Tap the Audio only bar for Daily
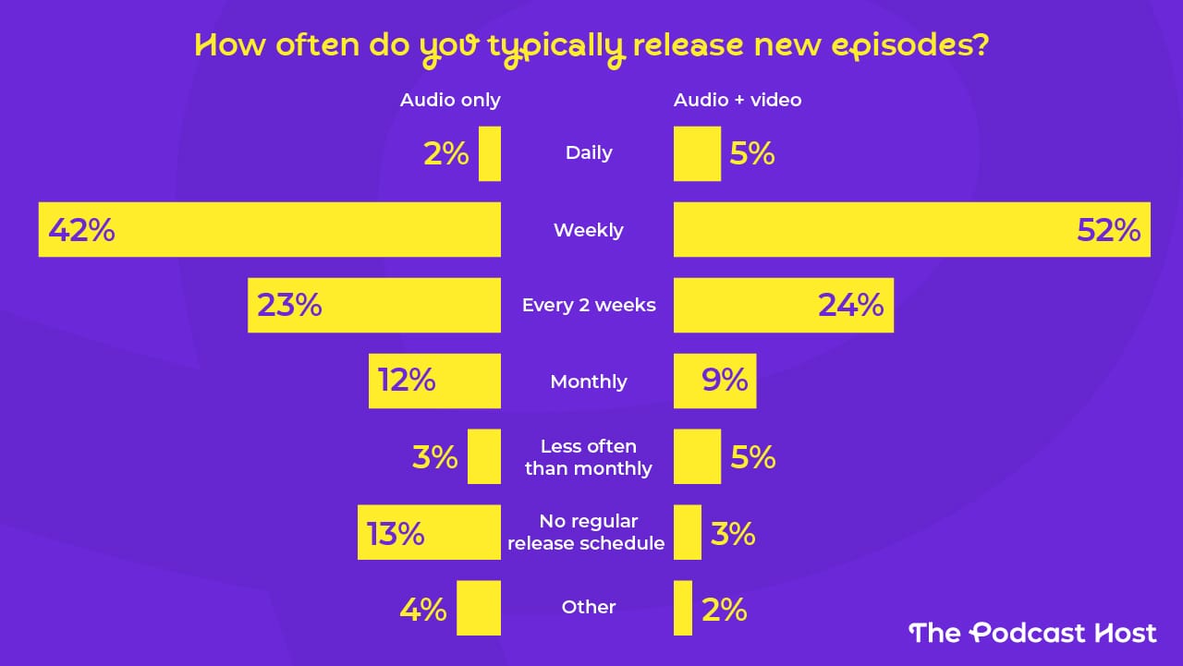[490, 153]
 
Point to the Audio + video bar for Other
[683, 608]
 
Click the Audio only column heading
[450, 100]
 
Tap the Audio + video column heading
[738, 100]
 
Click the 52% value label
[1109, 230]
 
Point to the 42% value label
[81, 230]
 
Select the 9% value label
[725, 381]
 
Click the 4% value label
[423, 610]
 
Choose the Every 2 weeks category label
[589, 306]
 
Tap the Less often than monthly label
[589, 457]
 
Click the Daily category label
[589, 153]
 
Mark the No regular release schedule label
[587, 533]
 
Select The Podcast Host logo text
[1032, 633]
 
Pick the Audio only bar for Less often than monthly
[484, 456]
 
